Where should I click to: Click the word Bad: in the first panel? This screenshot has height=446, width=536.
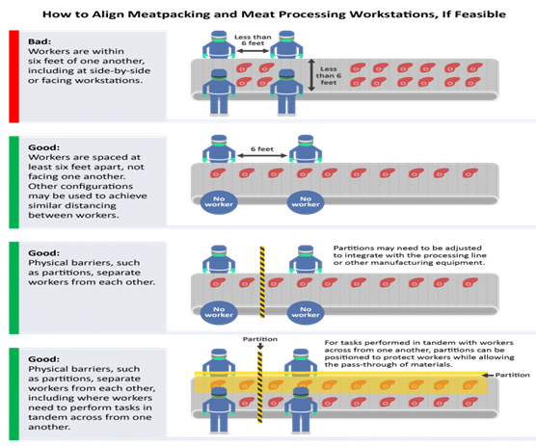pos(40,41)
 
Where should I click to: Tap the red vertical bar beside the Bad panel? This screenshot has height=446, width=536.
pos(13,76)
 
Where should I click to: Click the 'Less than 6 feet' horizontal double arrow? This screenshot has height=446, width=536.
pos(253,51)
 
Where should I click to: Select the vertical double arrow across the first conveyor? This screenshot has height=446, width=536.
pos(311,75)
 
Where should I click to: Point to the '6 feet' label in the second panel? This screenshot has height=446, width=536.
pos(262,149)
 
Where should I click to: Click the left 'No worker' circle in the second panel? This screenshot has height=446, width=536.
pos(219,202)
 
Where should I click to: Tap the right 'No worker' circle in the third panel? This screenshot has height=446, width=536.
pos(306,312)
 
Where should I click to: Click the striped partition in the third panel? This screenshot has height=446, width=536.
pos(262,282)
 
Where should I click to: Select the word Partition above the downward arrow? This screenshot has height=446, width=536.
pos(260,339)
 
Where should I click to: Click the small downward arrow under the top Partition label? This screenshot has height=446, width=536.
pos(260,346)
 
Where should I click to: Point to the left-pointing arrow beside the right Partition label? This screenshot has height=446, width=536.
pos(488,375)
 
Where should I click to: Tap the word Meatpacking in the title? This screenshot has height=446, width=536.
pos(165,14)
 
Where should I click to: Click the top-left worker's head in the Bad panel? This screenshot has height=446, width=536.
pos(219,37)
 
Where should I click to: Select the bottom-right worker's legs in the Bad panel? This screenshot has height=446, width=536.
pos(286,105)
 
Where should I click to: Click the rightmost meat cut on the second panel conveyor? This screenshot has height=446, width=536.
pos(470,173)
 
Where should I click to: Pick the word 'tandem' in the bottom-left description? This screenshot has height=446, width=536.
pos(43,417)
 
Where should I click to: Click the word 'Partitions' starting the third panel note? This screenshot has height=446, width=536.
pos(351,248)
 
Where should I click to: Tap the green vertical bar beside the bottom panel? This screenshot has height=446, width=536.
pos(13,394)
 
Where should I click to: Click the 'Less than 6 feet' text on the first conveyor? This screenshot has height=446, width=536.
pos(329,76)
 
